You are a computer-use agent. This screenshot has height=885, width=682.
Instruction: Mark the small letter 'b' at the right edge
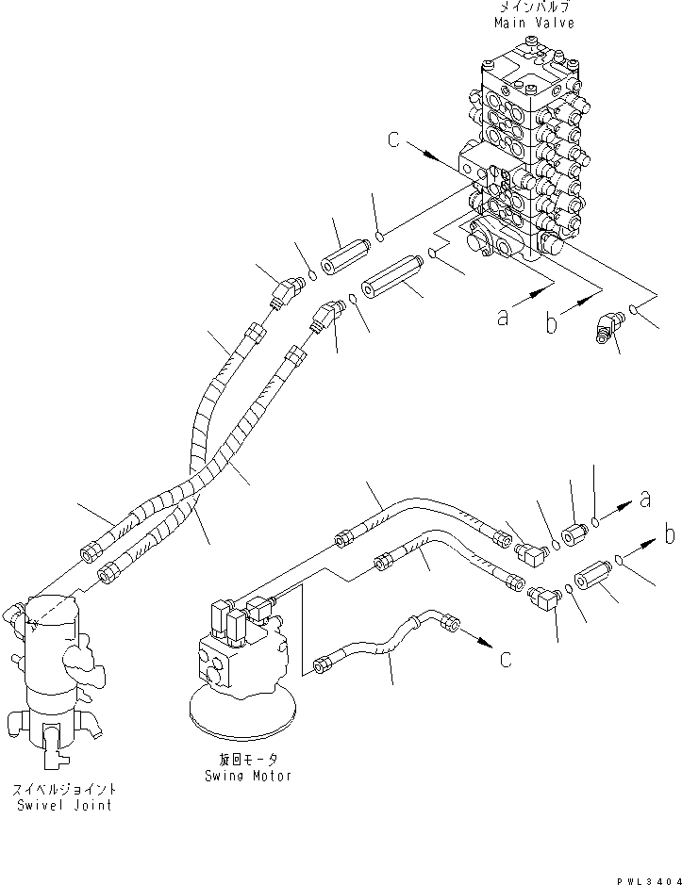coord(668,535)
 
